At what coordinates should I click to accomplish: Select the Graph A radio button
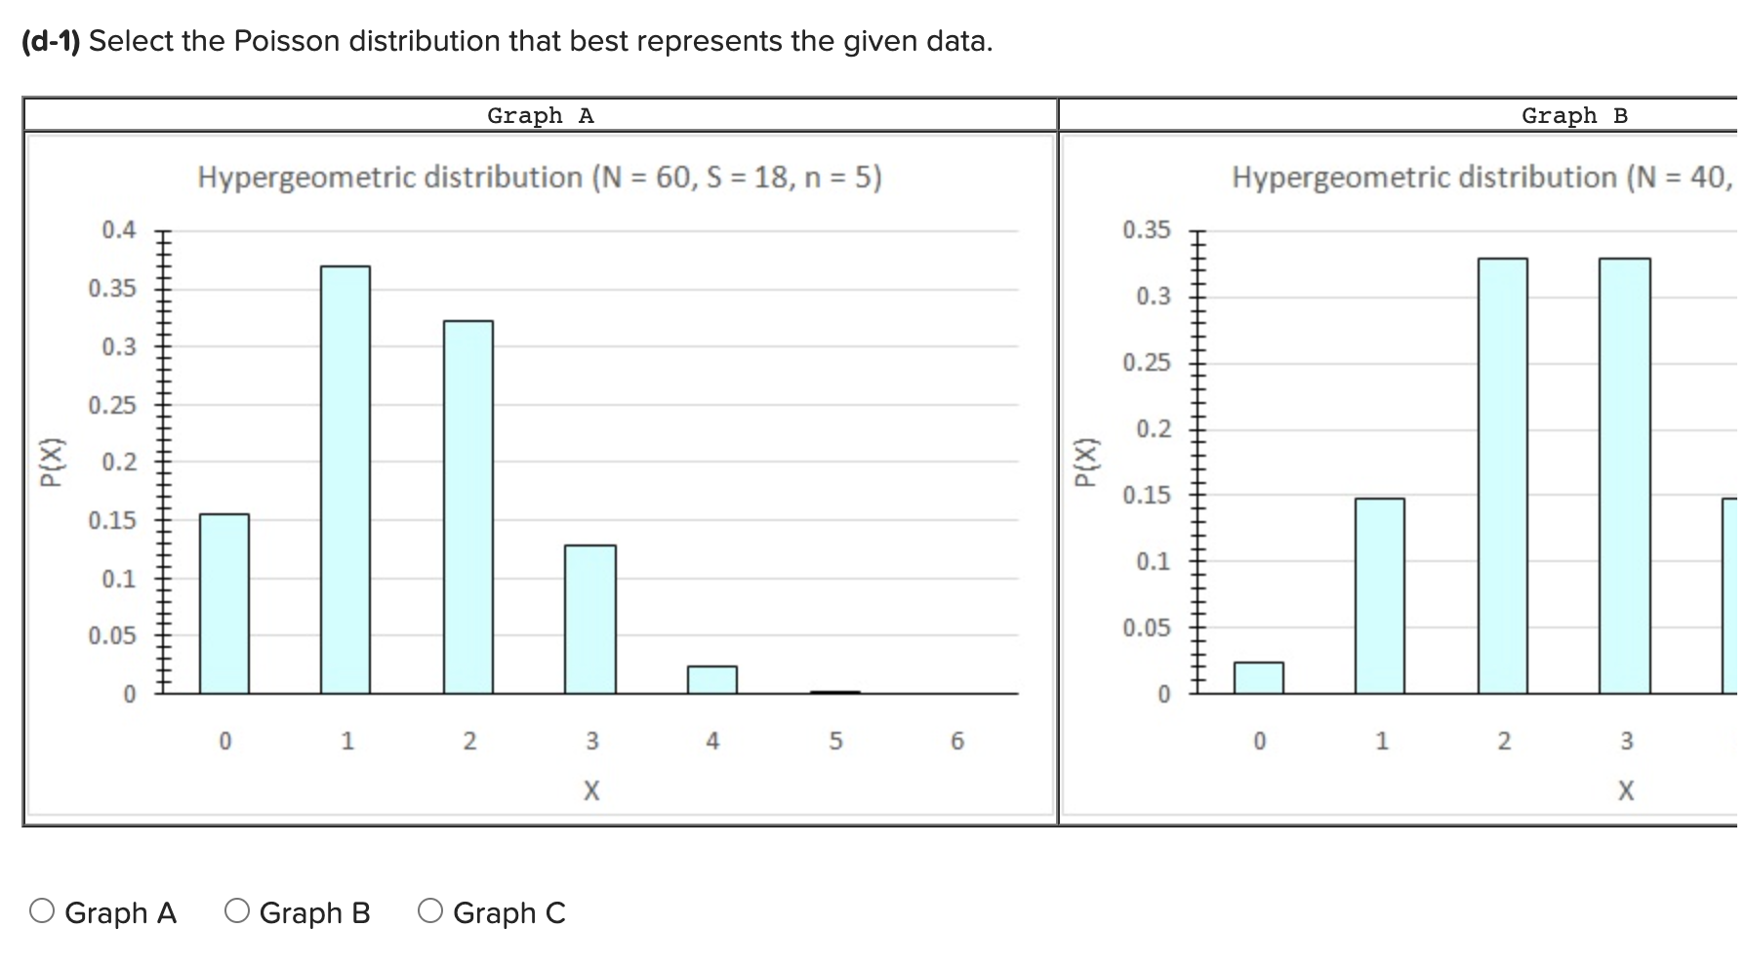click(x=42, y=911)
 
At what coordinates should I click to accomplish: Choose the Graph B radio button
click(x=237, y=911)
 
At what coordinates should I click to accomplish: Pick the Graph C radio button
click(x=430, y=911)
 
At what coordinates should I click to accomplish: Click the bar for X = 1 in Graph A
click(x=345, y=479)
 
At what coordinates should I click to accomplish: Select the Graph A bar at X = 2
click(x=468, y=506)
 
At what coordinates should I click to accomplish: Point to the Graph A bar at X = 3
click(x=590, y=619)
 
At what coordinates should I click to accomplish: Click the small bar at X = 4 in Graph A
click(x=712, y=679)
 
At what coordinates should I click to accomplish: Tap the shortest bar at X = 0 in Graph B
click(x=1259, y=677)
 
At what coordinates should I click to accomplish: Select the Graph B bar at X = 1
click(x=1380, y=595)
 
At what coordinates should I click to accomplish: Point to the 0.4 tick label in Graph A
click(x=119, y=230)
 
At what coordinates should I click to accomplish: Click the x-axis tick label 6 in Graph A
click(x=957, y=742)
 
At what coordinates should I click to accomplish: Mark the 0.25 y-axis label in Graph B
click(x=1146, y=363)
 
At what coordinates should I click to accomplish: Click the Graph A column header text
click(x=540, y=116)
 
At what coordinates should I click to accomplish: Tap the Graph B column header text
click(x=1574, y=116)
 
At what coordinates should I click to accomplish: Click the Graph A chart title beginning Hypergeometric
click(x=539, y=178)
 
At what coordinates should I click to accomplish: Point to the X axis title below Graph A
click(x=591, y=790)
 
